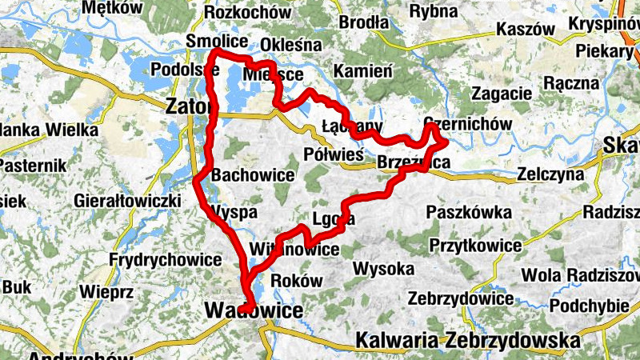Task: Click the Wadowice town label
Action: click(x=254, y=310)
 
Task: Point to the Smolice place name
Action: click(x=211, y=41)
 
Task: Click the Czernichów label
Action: click(x=467, y=125)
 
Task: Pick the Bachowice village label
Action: click(x=253, y=174)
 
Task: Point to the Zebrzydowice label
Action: click(x=460, y=298)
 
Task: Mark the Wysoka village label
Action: click(x=388, y=268)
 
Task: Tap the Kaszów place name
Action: click(x=525, y=28)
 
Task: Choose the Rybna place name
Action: click(x=434, y=12)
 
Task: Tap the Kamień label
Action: click(x=362, y=70)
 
